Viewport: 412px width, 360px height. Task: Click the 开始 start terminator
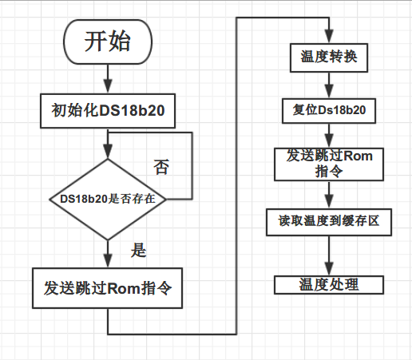(108, 42)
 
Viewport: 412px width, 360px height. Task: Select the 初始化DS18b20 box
(108, 111)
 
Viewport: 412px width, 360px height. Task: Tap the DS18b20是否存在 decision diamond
(108, 200)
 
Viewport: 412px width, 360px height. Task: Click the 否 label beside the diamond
(161, 167)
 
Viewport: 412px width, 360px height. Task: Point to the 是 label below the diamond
(138, 250)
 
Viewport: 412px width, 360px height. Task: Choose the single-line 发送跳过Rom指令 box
(107, 288)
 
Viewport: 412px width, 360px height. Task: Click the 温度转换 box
(329, 57)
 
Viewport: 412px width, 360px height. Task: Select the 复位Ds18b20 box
(329, 111)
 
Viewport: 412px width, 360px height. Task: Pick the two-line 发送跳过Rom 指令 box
(329, 164)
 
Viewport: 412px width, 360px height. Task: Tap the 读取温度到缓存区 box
(329, 222)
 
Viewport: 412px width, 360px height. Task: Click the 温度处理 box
(329, 285)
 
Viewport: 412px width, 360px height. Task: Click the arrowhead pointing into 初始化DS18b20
(108, 86)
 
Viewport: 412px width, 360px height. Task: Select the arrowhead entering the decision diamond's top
(108, 151)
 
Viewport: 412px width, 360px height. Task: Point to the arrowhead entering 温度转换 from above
(329, 36)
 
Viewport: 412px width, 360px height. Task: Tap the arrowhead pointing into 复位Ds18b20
(329, 91)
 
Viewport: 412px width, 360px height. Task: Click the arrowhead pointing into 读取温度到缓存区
(329, 202)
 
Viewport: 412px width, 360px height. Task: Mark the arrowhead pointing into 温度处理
(329, 268)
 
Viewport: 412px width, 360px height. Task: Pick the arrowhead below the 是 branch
(108, 260)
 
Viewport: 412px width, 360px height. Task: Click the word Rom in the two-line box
(358, 156)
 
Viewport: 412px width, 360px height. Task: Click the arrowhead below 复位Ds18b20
(329, 140)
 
